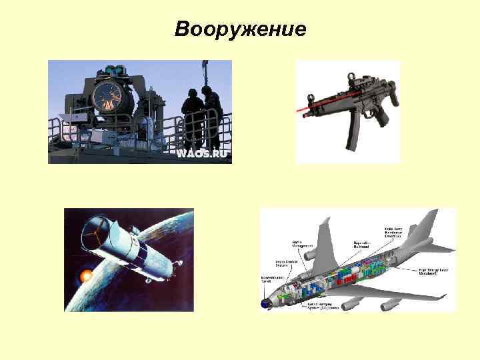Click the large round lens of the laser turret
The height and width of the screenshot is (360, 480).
[x=107, y=98]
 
